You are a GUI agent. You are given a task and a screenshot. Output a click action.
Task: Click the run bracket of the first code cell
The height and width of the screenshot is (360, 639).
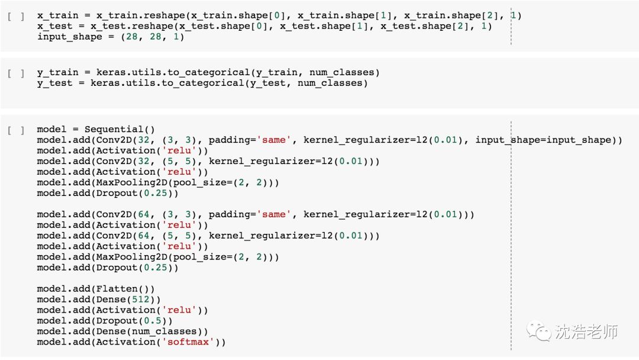click(16, 16)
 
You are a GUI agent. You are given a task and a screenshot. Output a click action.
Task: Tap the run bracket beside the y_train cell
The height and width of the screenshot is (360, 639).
click(16, 73)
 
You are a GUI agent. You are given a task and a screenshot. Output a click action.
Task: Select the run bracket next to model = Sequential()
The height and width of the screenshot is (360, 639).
click(16, 130)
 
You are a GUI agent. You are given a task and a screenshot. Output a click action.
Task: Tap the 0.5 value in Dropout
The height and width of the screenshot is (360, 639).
click(151, 321)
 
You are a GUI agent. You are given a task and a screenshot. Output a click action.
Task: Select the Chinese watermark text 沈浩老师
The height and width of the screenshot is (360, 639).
click(586, 332)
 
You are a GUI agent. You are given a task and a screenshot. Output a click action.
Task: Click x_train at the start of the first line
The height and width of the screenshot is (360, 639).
click(57, 15)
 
